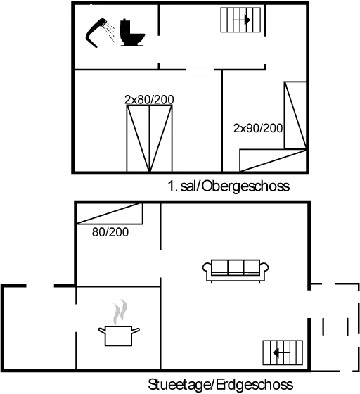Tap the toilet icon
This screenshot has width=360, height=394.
coord(132,32)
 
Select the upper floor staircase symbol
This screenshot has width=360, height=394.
coord(240,20)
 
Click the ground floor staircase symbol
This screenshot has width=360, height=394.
coord(283,352)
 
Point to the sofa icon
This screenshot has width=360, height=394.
coord(236,271)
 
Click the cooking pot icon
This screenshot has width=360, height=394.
coord(119,336)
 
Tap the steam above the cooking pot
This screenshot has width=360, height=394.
coord(120,311)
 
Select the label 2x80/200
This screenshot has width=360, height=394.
coord(149,100)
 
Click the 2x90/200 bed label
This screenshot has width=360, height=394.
coord(258,128)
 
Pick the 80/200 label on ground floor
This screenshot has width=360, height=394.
coord(110,232)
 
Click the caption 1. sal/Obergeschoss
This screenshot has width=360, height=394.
coord(229,186)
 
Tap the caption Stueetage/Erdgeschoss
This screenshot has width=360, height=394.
coord(220,385)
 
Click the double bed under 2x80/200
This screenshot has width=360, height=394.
coord(149,139)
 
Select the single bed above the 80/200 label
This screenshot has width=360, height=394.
coord(110,214)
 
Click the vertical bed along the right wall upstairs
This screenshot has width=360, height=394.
coord(295,115)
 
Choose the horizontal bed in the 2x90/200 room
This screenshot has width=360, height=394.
coord(273,160)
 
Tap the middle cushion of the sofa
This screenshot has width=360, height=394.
coord(236,267)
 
